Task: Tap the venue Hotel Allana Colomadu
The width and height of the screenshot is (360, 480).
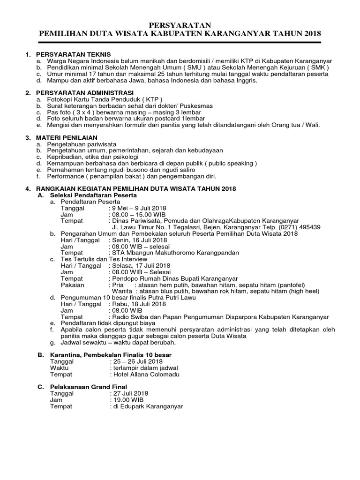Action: [x=145, y=374]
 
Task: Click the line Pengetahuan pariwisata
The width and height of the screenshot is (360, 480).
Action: [x=82, y=144]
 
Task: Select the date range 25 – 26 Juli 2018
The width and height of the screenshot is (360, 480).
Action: [x=137, y=361]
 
